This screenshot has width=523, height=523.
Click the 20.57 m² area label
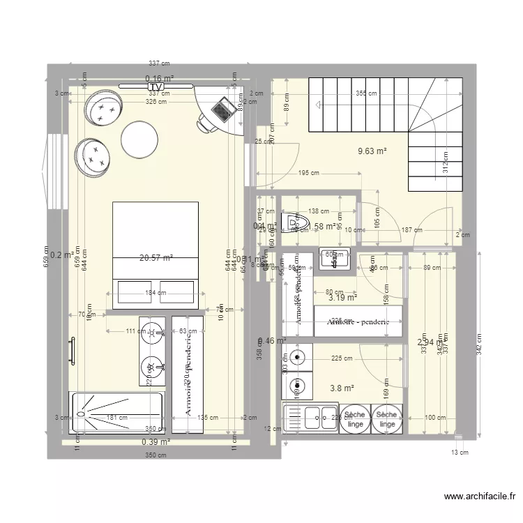click(156, 258)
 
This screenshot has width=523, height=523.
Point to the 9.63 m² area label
click(372, 150)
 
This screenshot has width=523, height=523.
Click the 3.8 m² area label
click(342, 388)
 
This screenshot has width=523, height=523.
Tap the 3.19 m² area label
click(342, 298)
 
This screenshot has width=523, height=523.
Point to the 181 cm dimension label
click(116, 418)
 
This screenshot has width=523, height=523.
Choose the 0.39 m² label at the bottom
click(156, 442)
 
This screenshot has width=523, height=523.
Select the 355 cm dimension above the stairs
click(367, 93)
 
